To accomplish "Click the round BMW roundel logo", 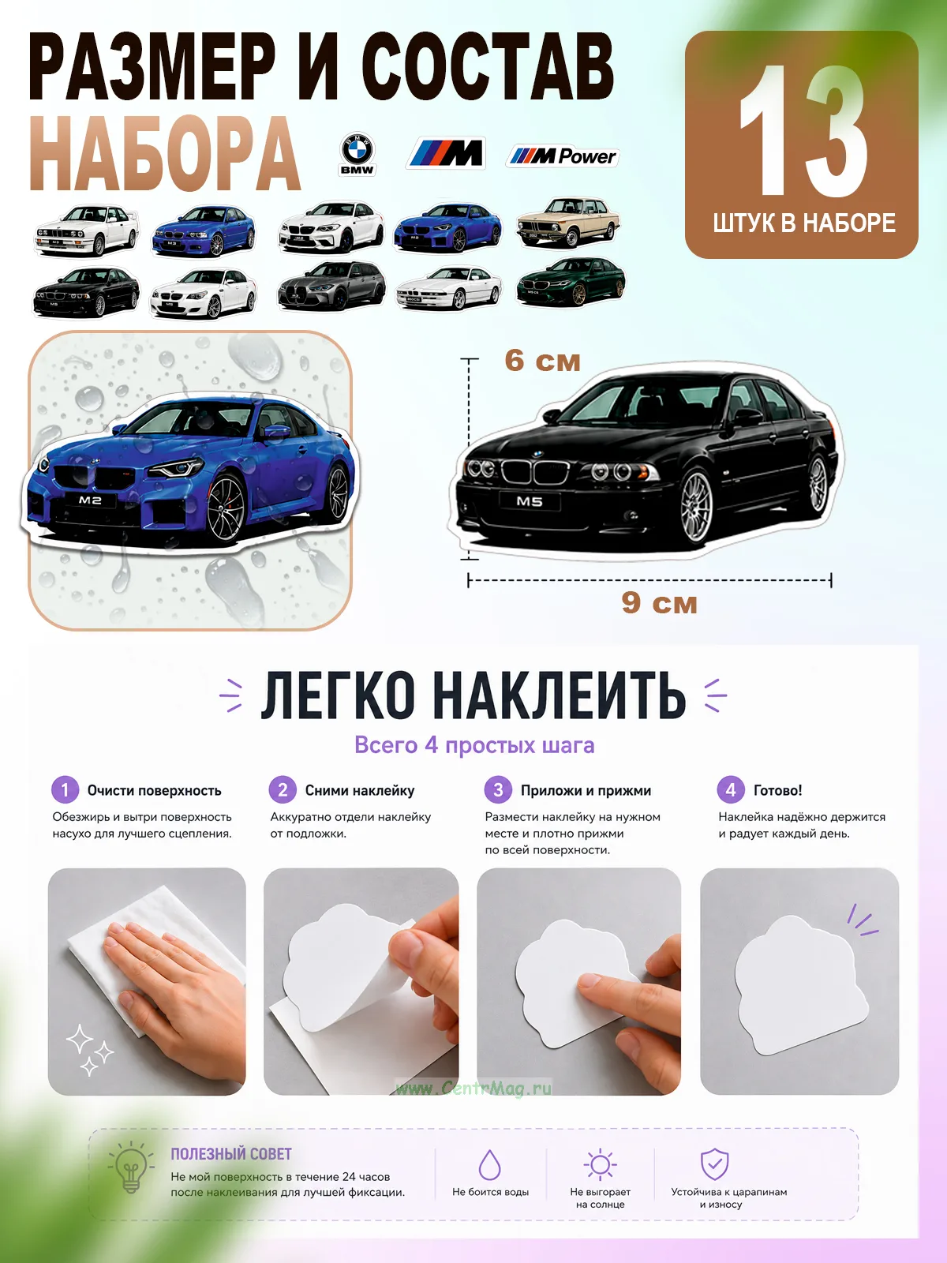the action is click(357, 151).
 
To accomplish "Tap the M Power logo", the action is click(563, 156).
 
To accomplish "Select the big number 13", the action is click(803, 130).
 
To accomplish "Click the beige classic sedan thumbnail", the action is click(568, 222).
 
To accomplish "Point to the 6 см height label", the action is click(542, 361).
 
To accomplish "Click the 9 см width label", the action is click(659, 602).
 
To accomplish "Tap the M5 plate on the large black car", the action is click(530, 501).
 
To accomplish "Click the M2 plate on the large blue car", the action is click(90, 500).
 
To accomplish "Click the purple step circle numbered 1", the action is click(65, 790).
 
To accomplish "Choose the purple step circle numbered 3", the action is click(498, 790).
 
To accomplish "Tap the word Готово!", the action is click(777, 791).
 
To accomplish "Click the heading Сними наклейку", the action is click(359, 791).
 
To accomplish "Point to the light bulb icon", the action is click(131, 1167).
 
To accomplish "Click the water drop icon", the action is click(490, 1164).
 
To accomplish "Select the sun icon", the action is click(600, 1164).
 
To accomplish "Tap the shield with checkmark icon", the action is click(715, 1164).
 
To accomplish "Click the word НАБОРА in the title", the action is click(164, 153).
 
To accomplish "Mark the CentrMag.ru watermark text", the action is click(473, 1088).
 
